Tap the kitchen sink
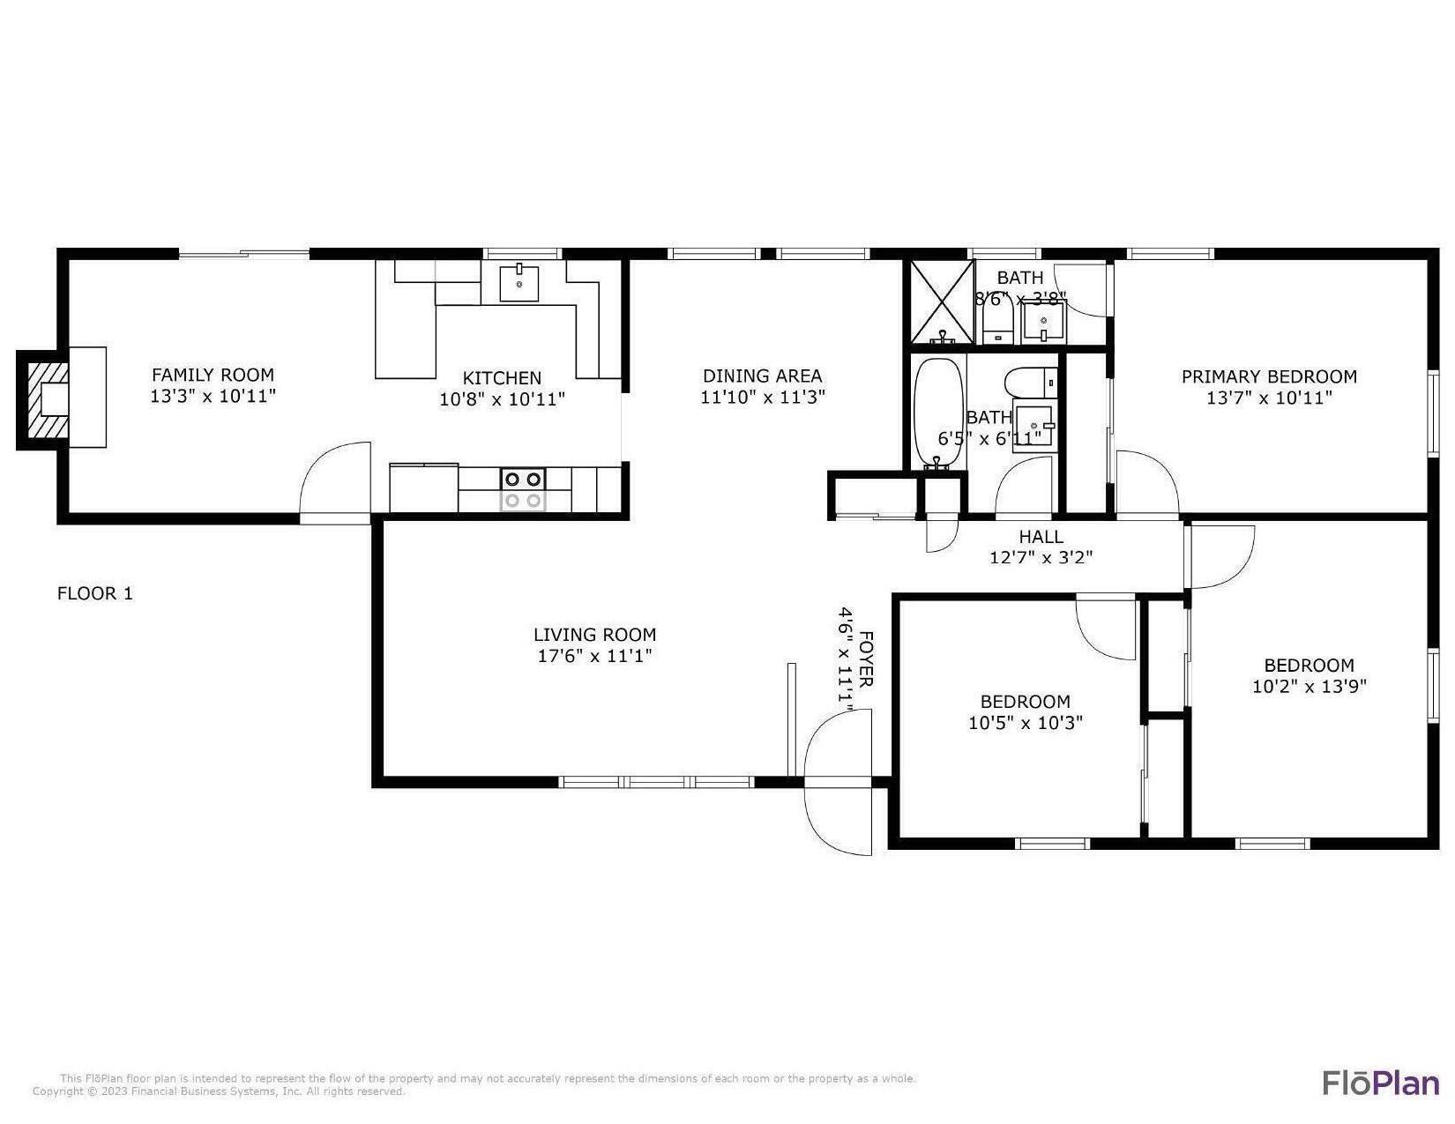coord(520,283)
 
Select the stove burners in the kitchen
coord(523,489)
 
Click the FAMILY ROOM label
coord(213,375)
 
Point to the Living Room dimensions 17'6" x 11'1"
coord(594,656)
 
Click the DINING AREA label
coord(762,376)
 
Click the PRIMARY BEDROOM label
coord(1268,376)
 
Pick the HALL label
coord(1041,536)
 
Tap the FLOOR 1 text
coord(95,593)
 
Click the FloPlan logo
coord(1380,1082)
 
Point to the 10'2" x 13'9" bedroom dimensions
coord(1309,686)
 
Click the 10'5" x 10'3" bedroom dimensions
coord(1025,723)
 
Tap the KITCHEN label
coord(502,377)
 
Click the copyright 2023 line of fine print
coord(219,1091)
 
